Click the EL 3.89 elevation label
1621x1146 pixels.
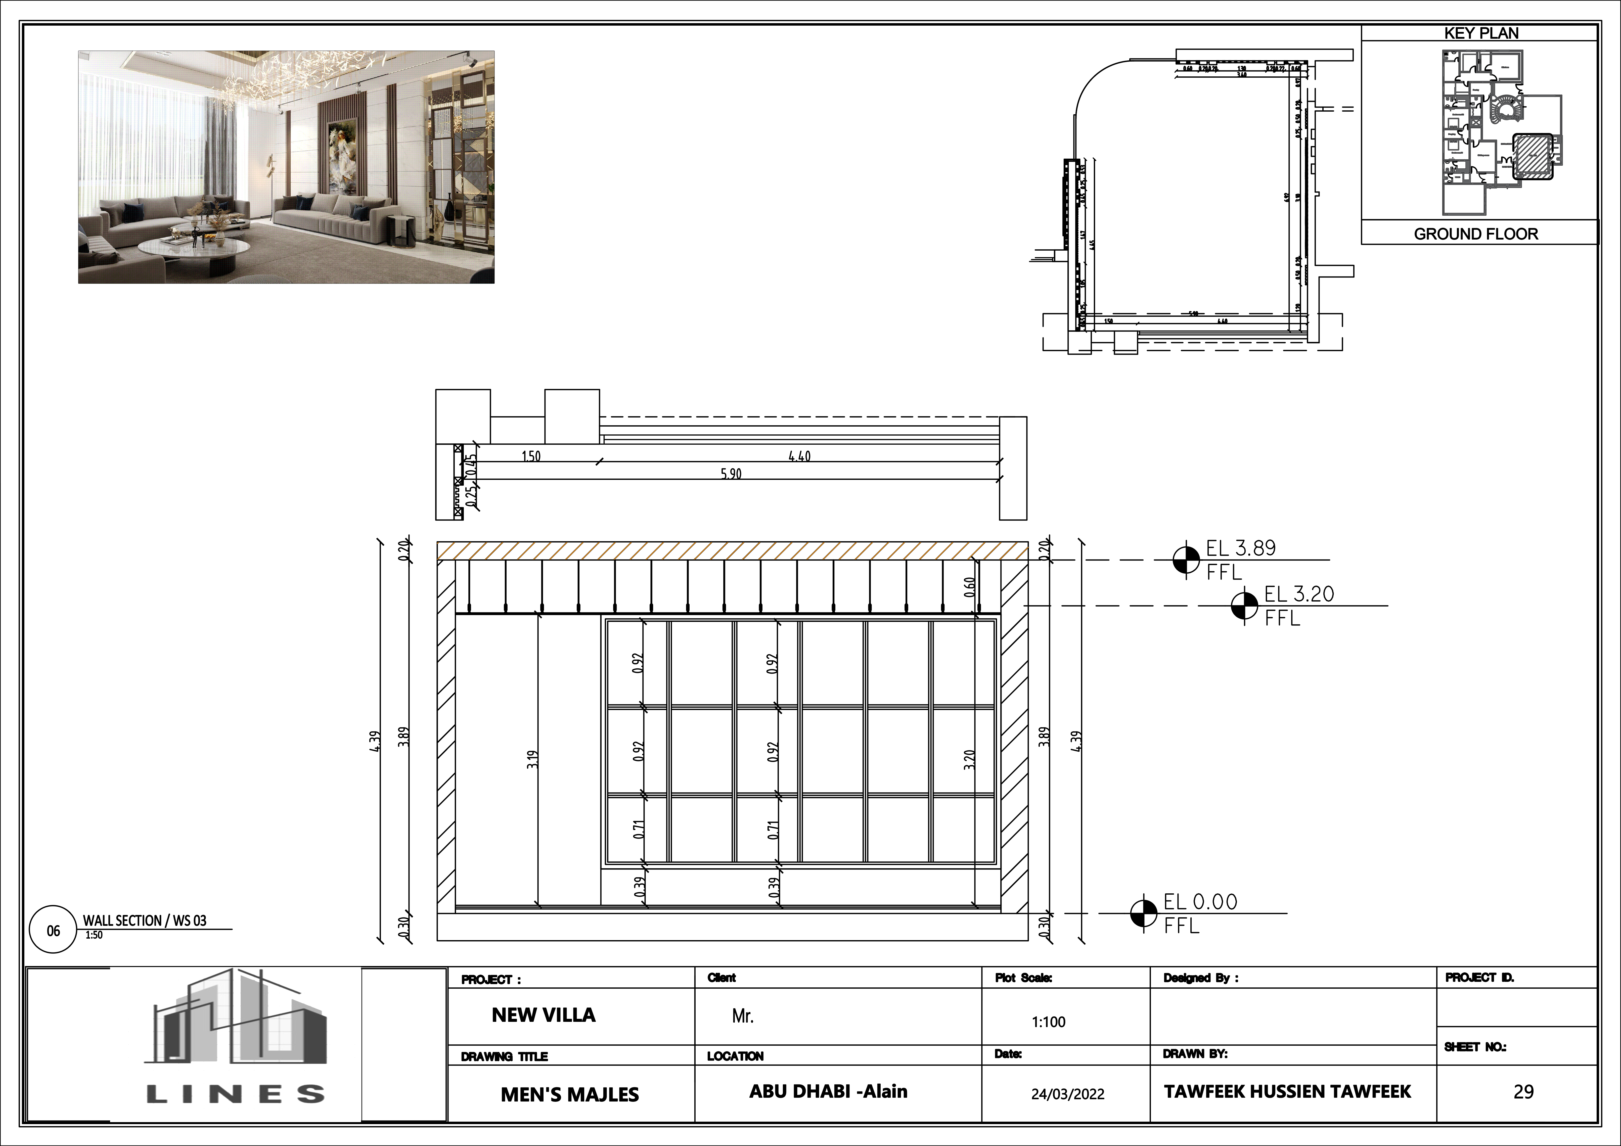(1240, 548)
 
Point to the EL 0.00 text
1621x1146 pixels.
(1200, 902)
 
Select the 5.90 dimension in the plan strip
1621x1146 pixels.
(731, 474)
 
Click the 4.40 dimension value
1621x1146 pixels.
(799, 456)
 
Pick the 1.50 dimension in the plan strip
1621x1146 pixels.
(531, 456)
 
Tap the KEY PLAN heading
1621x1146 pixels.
(1480, 33)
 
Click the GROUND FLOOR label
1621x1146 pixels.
(1475, 234)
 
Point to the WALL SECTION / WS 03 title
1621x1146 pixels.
(145, 920)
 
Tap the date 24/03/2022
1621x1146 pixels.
(1067, 1094)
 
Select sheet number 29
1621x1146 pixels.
(1523, 1092)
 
